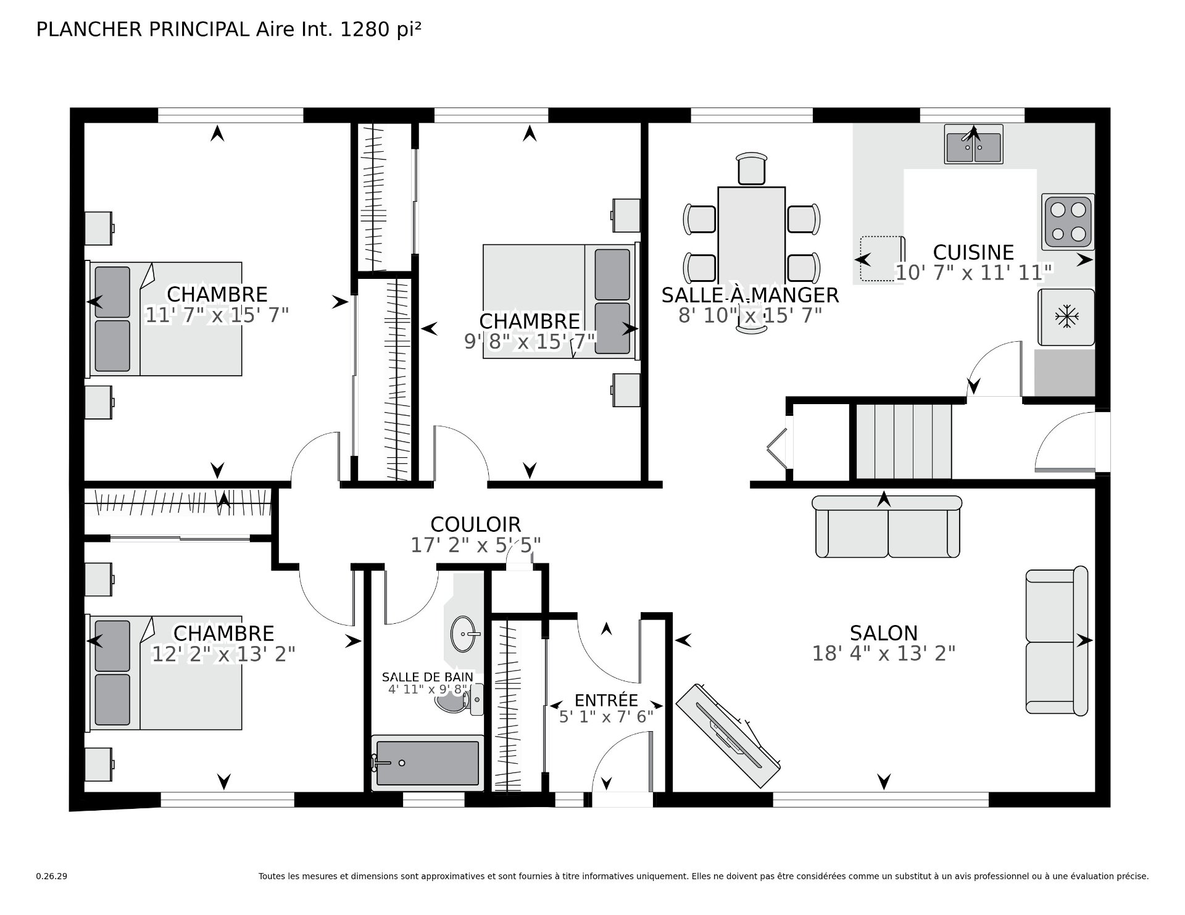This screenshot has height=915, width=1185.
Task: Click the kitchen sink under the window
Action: tap(973, 144)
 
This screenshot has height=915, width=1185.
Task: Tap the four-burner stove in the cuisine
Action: tap(1068, 222)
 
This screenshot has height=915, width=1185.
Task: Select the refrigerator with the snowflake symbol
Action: tap(1066, 317)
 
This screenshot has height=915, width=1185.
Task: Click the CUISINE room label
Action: tap(973, 252)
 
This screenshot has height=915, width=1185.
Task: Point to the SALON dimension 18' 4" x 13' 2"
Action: tap(883, 653)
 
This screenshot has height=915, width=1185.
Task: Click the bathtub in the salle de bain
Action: tap(427, 763)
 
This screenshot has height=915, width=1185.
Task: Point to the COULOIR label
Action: tap(475, 524)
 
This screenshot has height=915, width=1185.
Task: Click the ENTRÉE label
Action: tap(606, 700)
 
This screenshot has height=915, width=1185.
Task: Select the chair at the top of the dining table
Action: tap(752, 168)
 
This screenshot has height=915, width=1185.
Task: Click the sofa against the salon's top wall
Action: tap(887, 526)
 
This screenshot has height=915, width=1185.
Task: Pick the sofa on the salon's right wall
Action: tap(1057, 641)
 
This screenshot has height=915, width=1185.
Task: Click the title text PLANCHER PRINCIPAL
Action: tap(143, 30)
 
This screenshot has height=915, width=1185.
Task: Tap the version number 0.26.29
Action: tap(51, 876)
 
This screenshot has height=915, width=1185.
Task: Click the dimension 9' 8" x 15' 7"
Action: tap(530, 341)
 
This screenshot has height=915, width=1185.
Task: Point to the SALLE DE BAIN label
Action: tap(428, 677)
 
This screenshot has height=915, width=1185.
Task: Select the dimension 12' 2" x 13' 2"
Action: tap(223, 654)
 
